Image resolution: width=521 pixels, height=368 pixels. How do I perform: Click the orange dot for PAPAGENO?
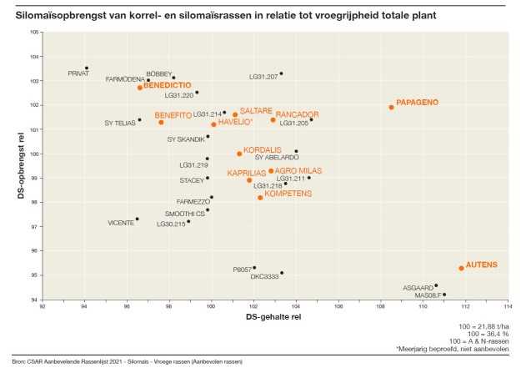click(x=391, y=107)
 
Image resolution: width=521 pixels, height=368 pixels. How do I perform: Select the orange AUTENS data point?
click(x=461, y=268)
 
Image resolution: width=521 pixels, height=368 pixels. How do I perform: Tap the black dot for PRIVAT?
click(x=87, y=68)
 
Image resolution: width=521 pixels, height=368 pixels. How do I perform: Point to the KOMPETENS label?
click(x=288, y=194)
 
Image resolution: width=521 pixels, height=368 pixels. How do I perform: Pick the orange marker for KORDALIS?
click(x=239, y=154)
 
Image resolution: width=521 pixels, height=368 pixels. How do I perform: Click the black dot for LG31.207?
click(x=282, y=73)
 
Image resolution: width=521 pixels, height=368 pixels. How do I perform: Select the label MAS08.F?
click(x=429, y=295)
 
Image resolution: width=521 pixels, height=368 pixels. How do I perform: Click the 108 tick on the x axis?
click(x=380, y=306)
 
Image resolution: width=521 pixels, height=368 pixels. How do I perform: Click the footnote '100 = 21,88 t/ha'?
click(x=484, y=325)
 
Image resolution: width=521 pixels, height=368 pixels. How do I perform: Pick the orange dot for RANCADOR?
click(x=273, y=119)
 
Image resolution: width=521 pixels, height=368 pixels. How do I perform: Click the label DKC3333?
click(x=265, y=276)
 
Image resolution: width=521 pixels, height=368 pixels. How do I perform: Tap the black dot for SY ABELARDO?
click(x=296, y=151)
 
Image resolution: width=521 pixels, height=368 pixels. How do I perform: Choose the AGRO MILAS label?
click(x=298, y=170)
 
